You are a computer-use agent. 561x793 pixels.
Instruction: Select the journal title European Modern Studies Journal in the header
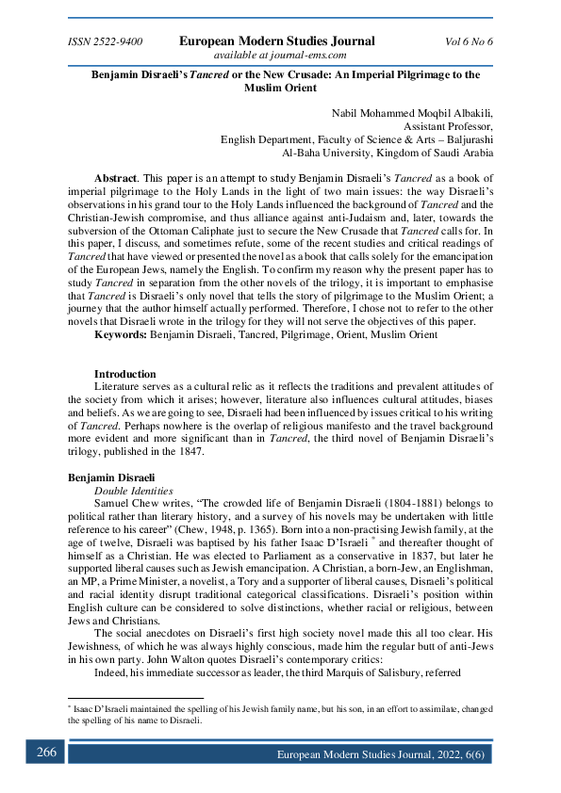[277, 41]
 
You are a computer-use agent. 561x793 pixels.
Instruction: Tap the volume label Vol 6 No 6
[469, 42]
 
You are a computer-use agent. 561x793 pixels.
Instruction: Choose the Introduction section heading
[124, 374]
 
